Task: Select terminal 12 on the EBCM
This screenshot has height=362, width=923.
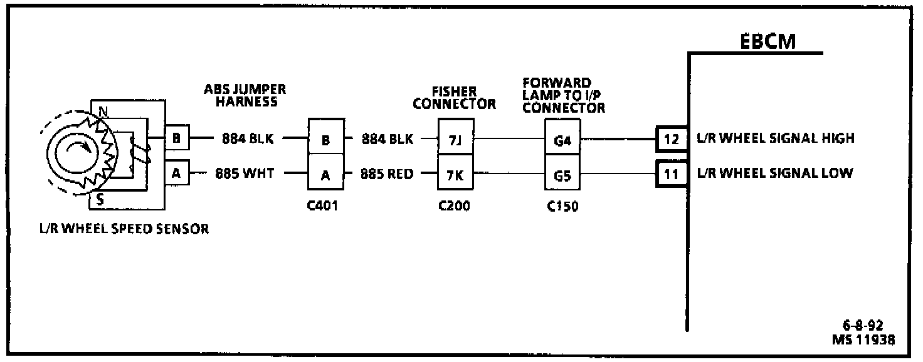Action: (x=672, y=139)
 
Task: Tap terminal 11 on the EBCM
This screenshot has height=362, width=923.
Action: (x=672, y=174)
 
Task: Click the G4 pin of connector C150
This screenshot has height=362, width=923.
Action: (x=562, y=140)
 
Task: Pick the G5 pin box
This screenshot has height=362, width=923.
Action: (x=562, y=175)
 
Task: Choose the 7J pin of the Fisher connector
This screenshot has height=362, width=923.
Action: (x=455, y=140)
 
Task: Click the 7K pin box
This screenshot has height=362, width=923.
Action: (x=455, y=175)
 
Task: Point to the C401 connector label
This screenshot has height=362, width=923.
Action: (x=324, y=206)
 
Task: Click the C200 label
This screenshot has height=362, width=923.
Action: (x=455, y=206)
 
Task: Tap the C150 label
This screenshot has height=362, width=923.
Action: (x=562, y=206)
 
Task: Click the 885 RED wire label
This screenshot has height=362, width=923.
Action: (x=387, y=174)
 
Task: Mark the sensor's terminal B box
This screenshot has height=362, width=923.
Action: (x=176, y=138)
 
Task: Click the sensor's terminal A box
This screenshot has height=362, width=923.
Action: (x=176, y=173)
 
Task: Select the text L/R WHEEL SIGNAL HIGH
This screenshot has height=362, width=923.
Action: (x=775, y=138)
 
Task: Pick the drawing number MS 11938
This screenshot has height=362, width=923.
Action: (x=863, y=339)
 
